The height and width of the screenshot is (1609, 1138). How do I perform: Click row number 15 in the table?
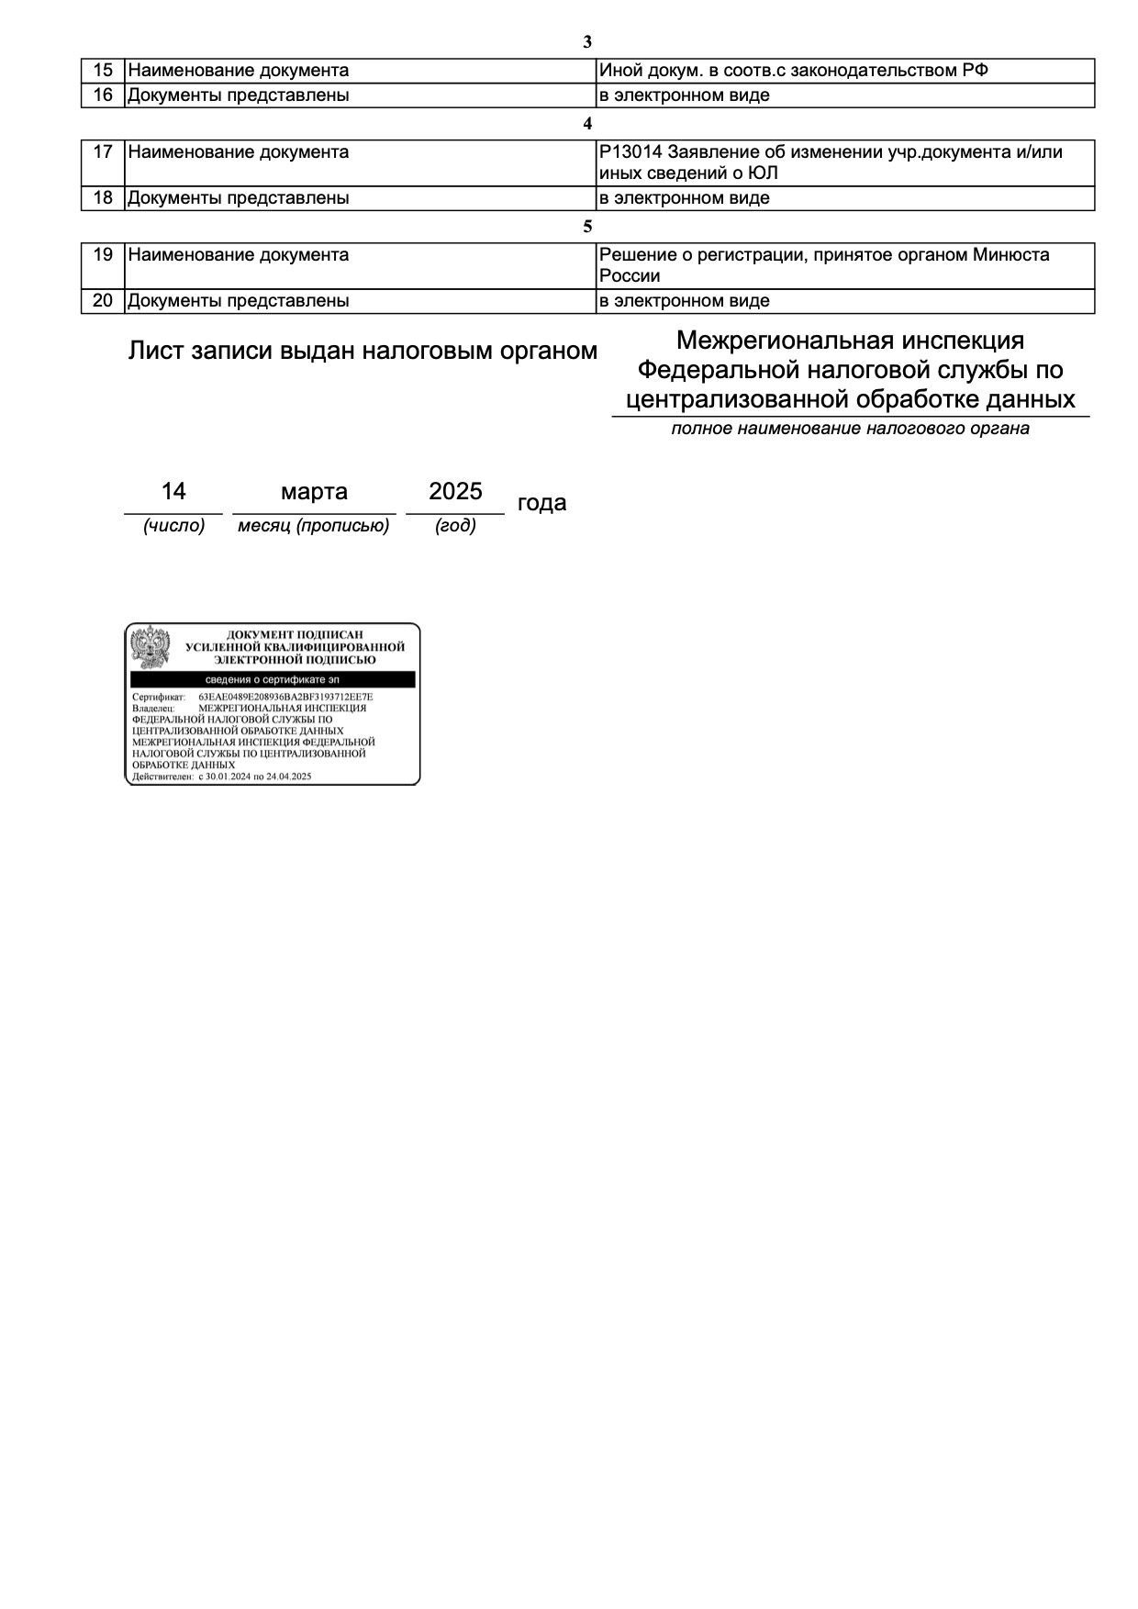[x=103, y=71]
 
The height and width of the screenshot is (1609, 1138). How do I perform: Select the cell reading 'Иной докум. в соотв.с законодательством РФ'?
[x=793, y=71]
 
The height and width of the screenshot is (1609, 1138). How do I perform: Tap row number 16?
[x=103, y=95]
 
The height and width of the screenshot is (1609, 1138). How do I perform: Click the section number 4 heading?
[x=587, y=124]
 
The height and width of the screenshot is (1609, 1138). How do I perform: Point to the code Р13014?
[x=630, y=152]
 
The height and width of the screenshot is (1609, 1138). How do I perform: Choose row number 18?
[x=103, y=198]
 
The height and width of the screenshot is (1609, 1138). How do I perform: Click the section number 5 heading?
[x=587, y=227]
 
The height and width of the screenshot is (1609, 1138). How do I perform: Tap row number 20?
[x=103, y=301]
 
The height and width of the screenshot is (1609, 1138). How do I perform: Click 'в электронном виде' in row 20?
[x=684, y=301]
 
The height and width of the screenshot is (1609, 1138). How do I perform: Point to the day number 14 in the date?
[x=173, y=492]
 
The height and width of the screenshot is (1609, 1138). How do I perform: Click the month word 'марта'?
[x=314, y=492]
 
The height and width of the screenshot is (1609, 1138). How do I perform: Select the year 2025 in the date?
[x=455, y=492]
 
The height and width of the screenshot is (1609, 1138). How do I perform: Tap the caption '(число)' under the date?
[x=173, y=526]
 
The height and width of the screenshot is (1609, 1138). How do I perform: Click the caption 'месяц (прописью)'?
[x=314, y=526]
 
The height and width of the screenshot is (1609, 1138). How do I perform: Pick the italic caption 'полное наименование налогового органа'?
[x=850, y=429]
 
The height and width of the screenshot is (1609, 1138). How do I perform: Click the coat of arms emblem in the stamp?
[x=151, y=648]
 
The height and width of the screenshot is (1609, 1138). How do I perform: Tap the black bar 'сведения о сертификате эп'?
[x=273, y=680]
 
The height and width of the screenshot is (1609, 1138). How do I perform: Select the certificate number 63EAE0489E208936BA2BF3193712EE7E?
[x=285, y=698]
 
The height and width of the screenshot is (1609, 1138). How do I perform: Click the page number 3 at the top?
[x=587, y=42]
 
